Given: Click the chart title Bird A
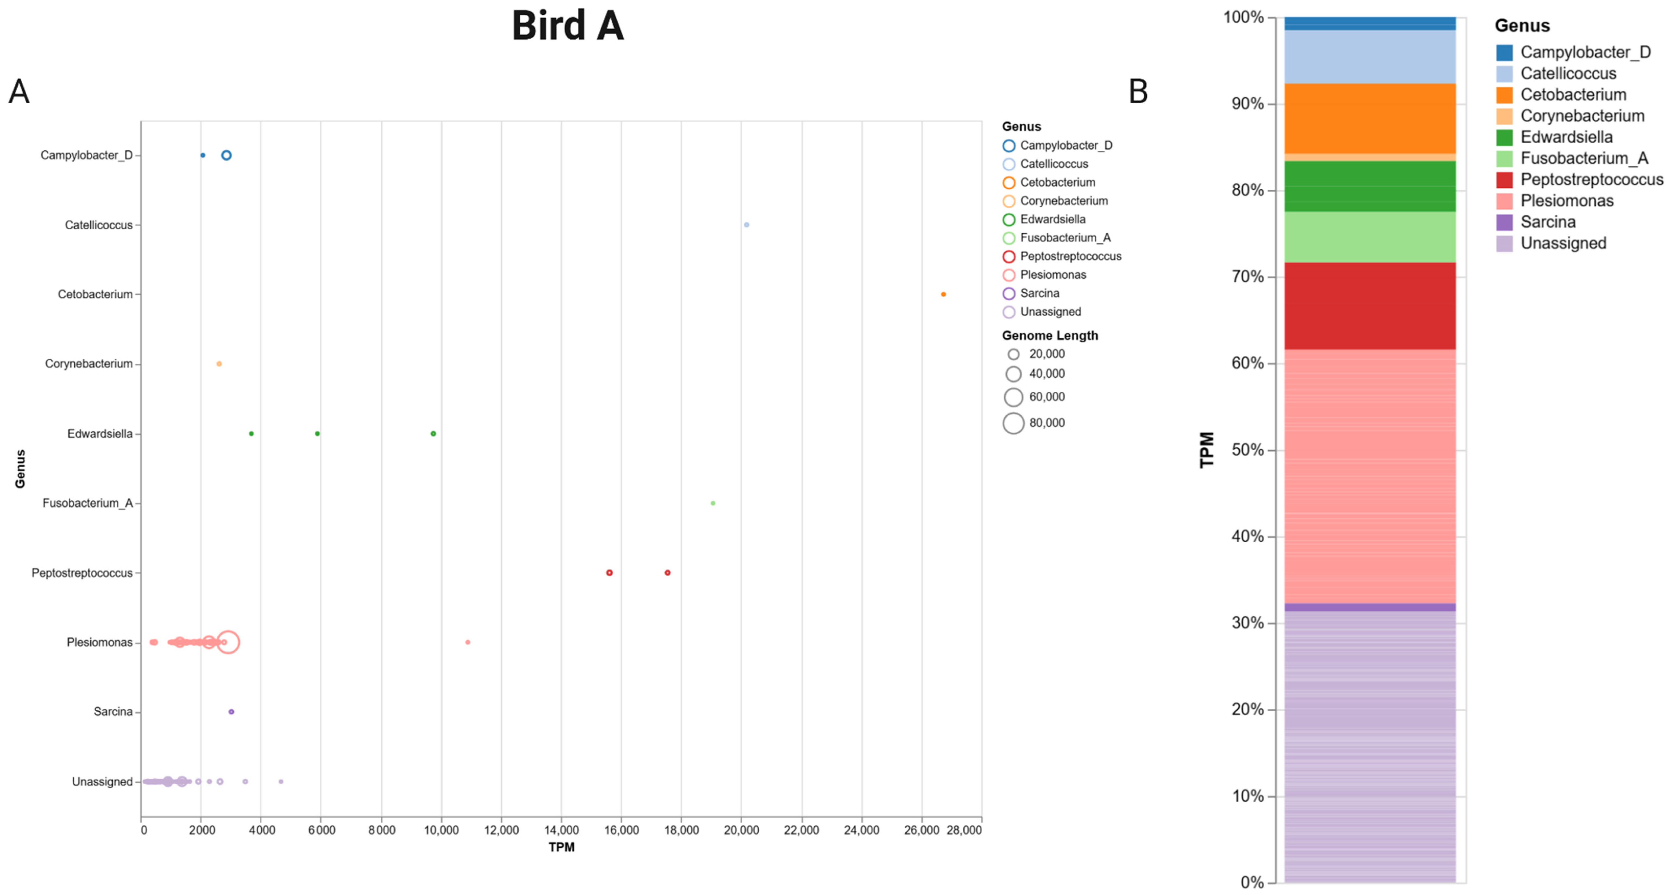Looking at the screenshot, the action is (x=567, y=26).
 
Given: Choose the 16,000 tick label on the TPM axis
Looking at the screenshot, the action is (x=621, y=830).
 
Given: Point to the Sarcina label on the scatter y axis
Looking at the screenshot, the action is (x=113, y=712).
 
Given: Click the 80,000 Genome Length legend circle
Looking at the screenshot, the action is (x=1013, y=423).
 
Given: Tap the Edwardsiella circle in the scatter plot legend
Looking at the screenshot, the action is (x=1009, y=219).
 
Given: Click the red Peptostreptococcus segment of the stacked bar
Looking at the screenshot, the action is (x=1370, y=306).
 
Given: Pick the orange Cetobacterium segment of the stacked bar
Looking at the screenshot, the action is (x=1370, y=119).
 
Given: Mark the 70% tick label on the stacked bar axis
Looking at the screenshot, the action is (x=1248, y=277).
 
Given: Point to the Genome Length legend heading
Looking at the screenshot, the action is (x=1050, y=335).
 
